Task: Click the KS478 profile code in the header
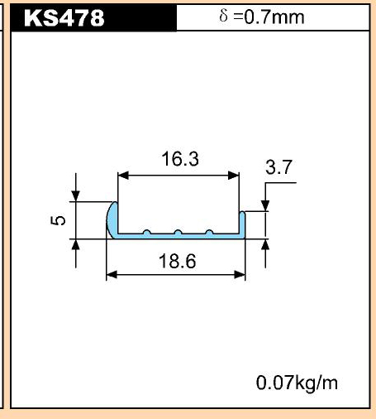pos(64,18)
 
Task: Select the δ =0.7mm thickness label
pos(262,17)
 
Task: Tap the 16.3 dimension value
pos(180,159)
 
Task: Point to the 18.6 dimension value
pos(178,261)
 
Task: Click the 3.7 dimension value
pos(278,167)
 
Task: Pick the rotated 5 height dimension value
pos(58,220)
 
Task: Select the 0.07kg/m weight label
pos(297,383)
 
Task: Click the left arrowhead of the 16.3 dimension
pos(123,176)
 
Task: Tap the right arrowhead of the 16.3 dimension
pos(234,176)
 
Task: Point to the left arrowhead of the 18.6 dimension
pos(112,275)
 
